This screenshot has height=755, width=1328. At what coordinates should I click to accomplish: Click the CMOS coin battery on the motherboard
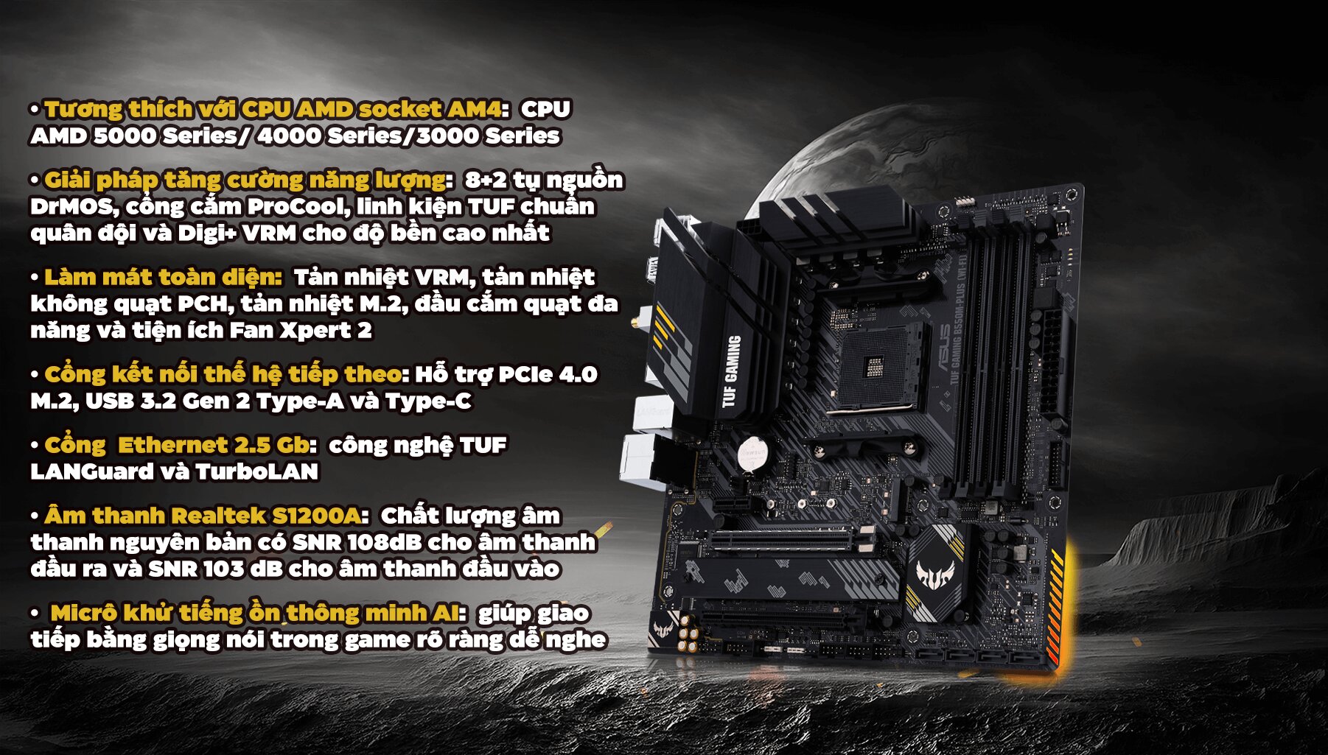tap(752, 452)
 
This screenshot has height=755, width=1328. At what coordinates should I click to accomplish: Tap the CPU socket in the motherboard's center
tap(875, 366)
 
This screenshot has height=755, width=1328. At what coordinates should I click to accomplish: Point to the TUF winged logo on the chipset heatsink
tap(935, 573)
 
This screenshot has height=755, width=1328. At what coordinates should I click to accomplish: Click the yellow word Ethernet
tap(172, 445)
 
